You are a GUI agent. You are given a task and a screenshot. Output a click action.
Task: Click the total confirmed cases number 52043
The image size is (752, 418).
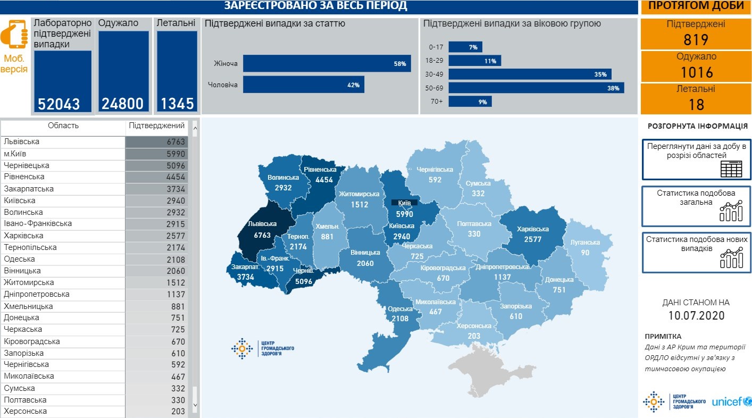(x=59, y=104)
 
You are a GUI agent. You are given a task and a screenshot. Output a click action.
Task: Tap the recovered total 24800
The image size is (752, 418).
(x=123, y=104)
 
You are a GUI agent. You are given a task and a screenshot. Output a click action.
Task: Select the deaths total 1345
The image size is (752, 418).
(x=178, y=104)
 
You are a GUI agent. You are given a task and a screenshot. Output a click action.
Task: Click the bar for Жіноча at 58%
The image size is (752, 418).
(x=327, y=63)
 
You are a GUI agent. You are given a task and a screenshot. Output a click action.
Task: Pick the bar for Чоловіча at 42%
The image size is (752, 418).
(x=303, y=85)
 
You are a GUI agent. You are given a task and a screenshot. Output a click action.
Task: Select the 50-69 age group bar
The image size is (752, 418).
(x=536, y=88)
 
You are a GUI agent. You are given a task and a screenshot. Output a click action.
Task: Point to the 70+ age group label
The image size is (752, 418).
(x=437, y=102)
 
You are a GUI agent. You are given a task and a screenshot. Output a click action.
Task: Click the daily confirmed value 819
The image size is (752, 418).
(x=696, y=40)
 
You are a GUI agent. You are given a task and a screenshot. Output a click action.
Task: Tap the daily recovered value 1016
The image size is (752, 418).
(x=696, y=72)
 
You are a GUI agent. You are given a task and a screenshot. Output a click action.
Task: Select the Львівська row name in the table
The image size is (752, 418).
(x=21, y=142)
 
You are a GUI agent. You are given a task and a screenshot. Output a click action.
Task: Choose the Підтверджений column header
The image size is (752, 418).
(x=157, y=126)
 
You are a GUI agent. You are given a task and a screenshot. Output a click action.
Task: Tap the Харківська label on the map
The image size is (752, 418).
(x=532, y=230)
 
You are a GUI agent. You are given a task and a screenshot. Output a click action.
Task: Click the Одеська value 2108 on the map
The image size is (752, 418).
(x=400, y=319)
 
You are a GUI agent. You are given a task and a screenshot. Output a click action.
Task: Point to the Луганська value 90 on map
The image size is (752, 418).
(x=585, y=253)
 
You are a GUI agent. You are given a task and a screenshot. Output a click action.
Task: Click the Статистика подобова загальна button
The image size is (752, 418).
(x=696, y=206)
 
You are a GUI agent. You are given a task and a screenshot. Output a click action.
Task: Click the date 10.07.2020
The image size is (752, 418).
(x=696, y=315)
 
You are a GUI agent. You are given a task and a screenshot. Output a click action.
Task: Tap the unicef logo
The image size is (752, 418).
(x=731, y=402)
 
